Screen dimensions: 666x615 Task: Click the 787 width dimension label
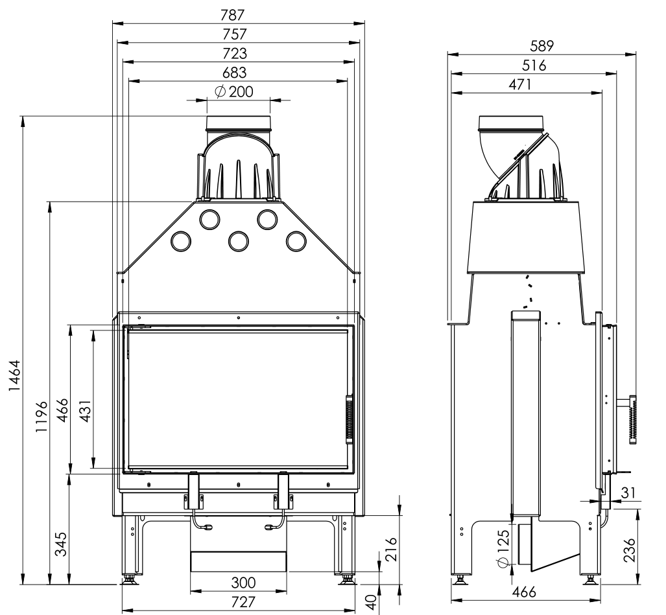click(x=233, y=16)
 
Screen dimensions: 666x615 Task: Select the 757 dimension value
click(x=235, y=34)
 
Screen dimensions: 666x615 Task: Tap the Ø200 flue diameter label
click(x=233, y=91)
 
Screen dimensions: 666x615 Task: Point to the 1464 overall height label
click(x=16, y=376)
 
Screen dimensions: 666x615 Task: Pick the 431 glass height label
click(x=86, y=411)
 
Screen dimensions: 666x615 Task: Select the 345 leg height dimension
click(x=61, y=544)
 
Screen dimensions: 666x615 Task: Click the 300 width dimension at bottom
click(x=243, y=583)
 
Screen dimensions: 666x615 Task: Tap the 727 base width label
click(x=243, y=602)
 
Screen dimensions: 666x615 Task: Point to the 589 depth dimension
click(x=541, y=46)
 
